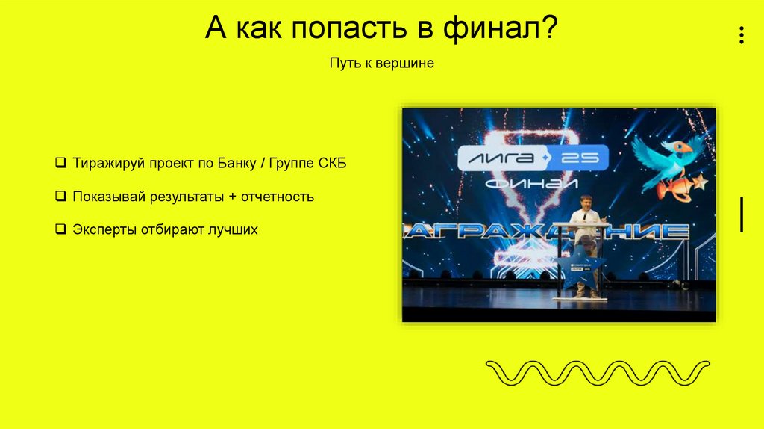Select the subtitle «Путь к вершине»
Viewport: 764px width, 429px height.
coord(381,64)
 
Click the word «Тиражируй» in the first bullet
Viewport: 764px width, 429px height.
coord(107,164)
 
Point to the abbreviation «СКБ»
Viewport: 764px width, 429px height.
coord(333,164)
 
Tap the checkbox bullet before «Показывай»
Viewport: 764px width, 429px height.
coord(60,197)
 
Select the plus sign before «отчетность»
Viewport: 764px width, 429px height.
coord(233,197)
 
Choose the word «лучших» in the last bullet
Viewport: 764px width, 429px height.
coord(233,230)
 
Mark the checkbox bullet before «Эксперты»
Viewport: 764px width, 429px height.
coord(60,230)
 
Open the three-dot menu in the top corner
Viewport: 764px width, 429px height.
coord(741,35)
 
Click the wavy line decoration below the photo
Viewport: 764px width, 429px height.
coord(598,372)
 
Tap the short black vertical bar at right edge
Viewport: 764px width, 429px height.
coord(742,214)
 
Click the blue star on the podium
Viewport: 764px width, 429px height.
coord(579,271)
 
